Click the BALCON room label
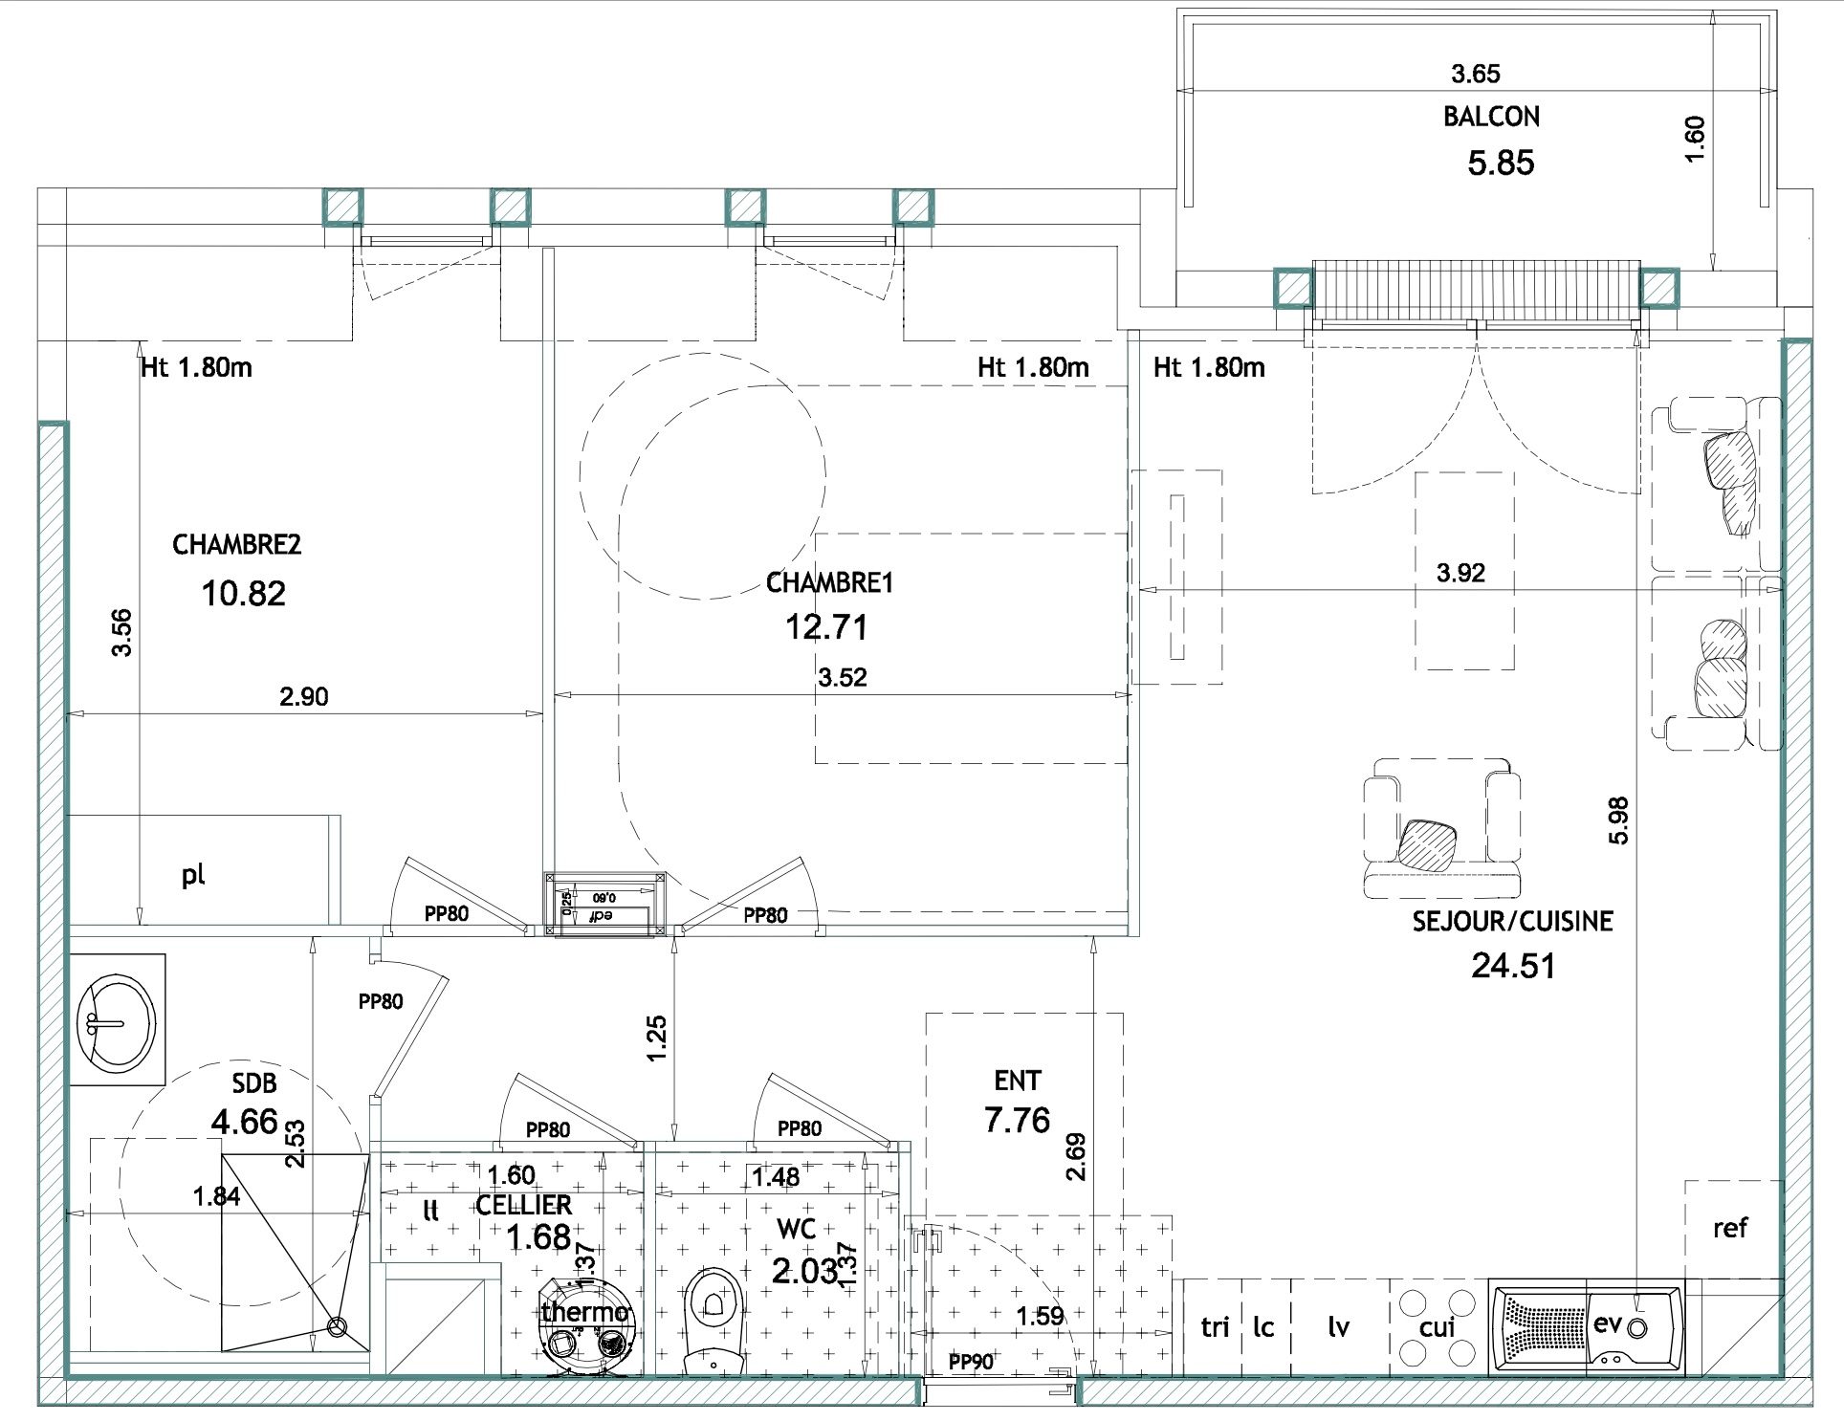point(1491,117)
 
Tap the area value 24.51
point(1513,965)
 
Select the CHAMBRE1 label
point(829,582)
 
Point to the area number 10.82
point(243,593)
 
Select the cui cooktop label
point(1437,1326)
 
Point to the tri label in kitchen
point(1215,1326)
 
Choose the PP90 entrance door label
point(971,1362)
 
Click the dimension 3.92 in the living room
point(1460,572)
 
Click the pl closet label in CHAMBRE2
point(193,874)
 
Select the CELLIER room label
point(524,1205)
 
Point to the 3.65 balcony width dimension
point(1476,73)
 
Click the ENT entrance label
point(1017,1081)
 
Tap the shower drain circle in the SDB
point(336,1326)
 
